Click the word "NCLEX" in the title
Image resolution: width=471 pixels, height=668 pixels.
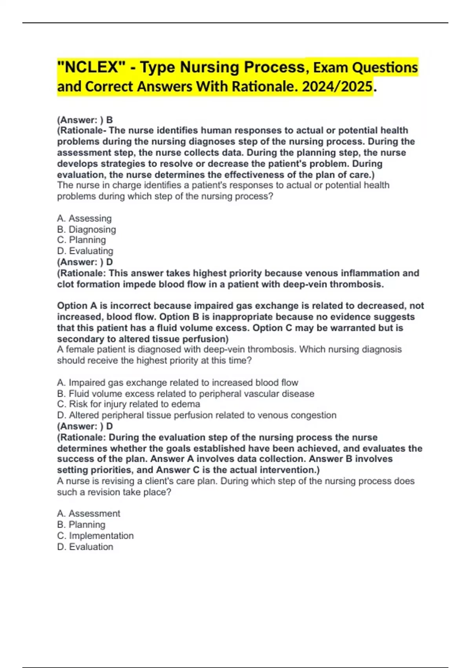pyautogui.click(x=90, y=68)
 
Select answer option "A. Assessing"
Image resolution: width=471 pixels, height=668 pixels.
pyautogui.click(x=84, y=218)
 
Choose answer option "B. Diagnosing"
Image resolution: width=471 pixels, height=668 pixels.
pyautogui.click(x=86, y=229)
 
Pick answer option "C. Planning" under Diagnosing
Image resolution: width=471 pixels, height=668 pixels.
pyautogui.click(x=82, y=240)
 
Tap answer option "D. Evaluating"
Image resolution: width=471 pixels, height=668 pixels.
pyautogui.click(x=85, y=251)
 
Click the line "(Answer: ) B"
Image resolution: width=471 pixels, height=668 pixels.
pyautogui.click(x=85, y=120)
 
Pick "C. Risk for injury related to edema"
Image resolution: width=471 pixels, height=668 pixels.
pyautogui.click(x=128, y=404)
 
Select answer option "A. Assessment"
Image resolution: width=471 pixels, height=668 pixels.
pyautogui.click(x=89, y=514)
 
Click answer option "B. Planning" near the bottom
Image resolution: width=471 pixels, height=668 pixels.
pyautogui.click(x=81, y=525)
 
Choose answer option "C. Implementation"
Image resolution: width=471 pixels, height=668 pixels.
pyautogui.click(x=95, y=536)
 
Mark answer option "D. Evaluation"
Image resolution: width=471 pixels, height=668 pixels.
pyautogui.click(x=85, y=547)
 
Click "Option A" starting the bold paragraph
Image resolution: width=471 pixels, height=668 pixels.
pyautogui.click(x=77, y=306)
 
